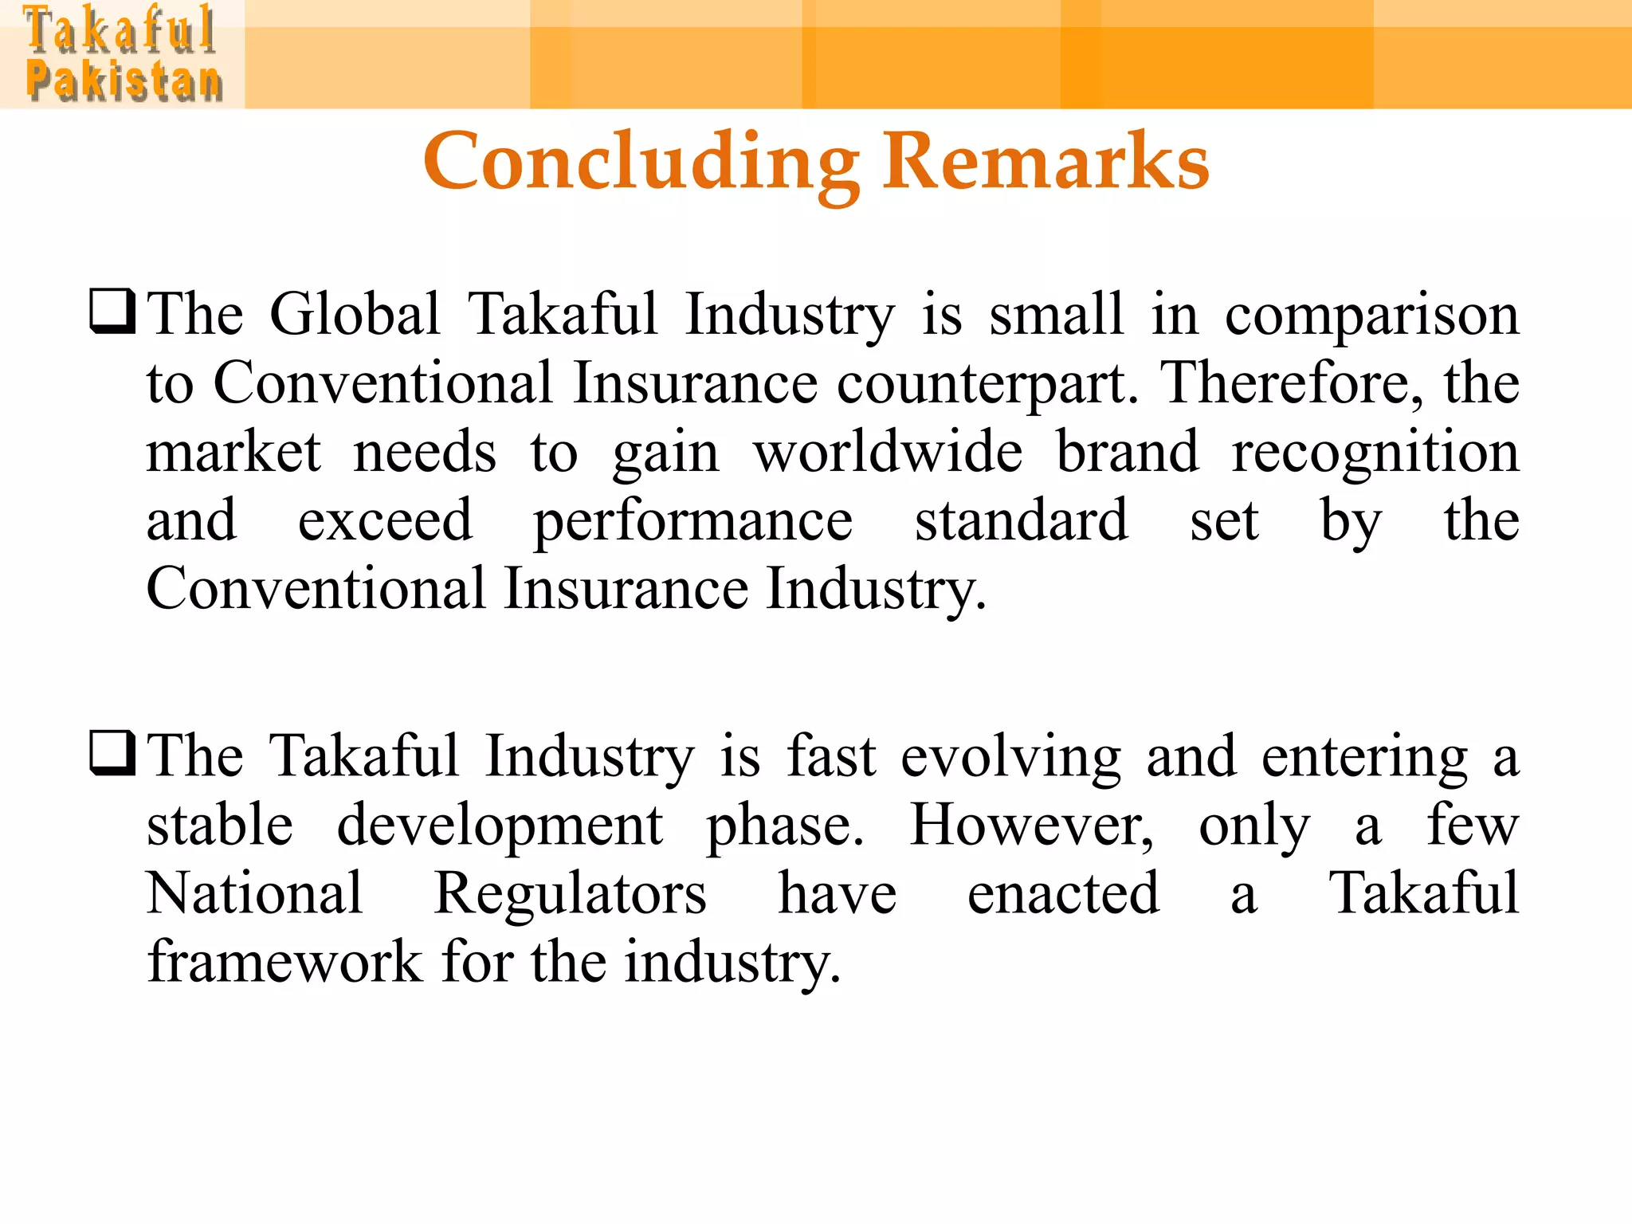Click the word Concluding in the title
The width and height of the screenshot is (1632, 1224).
641,163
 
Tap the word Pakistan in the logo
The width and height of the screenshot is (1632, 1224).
124,81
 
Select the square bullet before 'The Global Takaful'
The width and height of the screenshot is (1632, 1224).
112,312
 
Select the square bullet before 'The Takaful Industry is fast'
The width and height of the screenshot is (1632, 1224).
112,754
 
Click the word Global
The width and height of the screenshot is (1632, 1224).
355,314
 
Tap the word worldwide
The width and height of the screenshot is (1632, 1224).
888,452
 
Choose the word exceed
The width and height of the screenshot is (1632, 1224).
385,521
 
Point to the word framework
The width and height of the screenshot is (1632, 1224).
284,962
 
